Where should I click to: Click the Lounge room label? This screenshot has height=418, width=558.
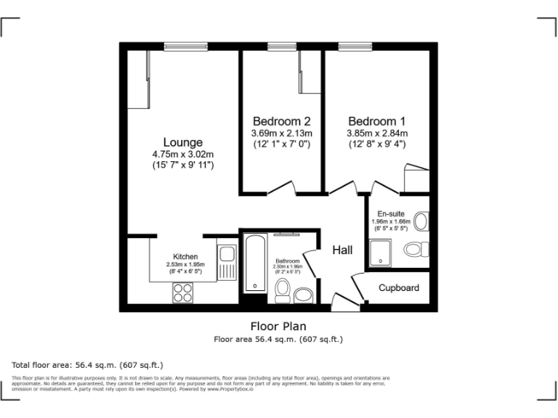[x=182, y=142]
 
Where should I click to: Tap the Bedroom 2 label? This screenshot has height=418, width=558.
[x=282, y=120]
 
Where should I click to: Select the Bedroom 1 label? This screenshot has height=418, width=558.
[x=376, y=120]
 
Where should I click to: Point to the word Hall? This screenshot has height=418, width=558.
[x=342, y=250]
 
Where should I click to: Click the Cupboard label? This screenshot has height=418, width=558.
[x=399, y=288]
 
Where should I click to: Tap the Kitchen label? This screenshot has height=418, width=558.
[x=185, y=256]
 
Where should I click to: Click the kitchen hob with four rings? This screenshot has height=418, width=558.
[x=182, y=292]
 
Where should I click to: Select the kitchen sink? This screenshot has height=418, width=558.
[x=226, y=255]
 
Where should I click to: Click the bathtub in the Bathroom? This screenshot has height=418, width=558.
[x=255, y=263]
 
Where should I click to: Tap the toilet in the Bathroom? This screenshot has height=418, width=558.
[x=283, y=291]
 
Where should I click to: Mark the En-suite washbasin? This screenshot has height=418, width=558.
[x=422, y=221]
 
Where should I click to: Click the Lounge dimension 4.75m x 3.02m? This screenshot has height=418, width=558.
[x=182, y=155]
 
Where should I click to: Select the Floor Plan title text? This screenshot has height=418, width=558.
[x=278, y=326]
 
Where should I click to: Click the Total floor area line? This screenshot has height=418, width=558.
[x=88, y=364]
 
